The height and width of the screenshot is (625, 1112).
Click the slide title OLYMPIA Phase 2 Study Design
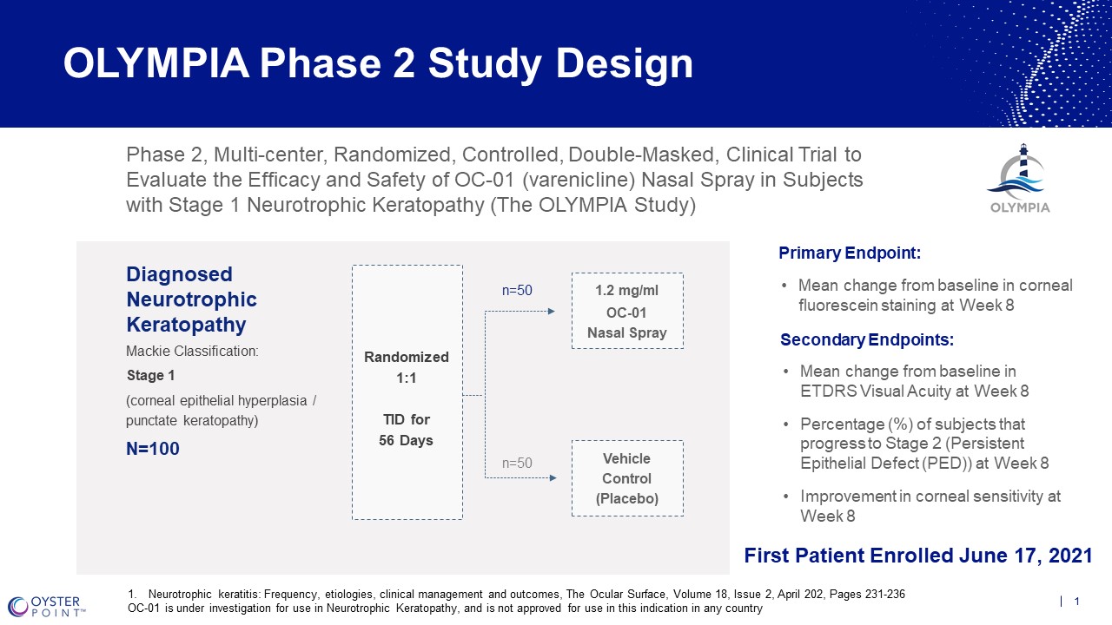(x=378, y=64)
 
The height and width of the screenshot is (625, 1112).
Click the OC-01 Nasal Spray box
(x=627, y=312)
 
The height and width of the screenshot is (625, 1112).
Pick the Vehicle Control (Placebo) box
(x=627, y=478)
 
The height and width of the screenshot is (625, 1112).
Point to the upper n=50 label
(x=517, y=291)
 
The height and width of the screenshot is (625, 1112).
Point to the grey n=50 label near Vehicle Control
(x=517, y=464)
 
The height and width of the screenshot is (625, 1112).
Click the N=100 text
(x=153, y=450)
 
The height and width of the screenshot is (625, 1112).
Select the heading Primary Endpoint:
(x=850, y=253)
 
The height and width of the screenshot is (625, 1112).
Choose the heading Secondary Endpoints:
(x=867, y=339)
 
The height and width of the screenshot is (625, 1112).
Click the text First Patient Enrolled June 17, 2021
(x=918, y=556)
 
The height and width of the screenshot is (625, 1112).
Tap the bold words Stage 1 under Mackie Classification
(x=145, y=376)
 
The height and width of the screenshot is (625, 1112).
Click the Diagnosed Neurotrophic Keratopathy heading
(x=191, y=299)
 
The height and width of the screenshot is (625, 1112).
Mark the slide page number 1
(x=1077, y=602)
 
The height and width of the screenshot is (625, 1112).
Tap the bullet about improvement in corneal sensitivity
(x=930, y=506)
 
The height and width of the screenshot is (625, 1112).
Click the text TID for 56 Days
(x=407, y=430)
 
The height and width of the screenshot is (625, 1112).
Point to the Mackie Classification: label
(x=192, y=352)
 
